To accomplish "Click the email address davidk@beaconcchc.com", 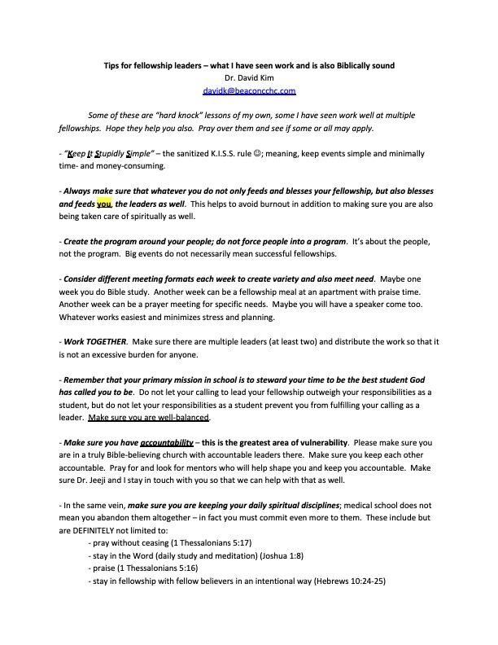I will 249,91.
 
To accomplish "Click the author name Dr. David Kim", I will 249,79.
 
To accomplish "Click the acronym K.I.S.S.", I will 229,153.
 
